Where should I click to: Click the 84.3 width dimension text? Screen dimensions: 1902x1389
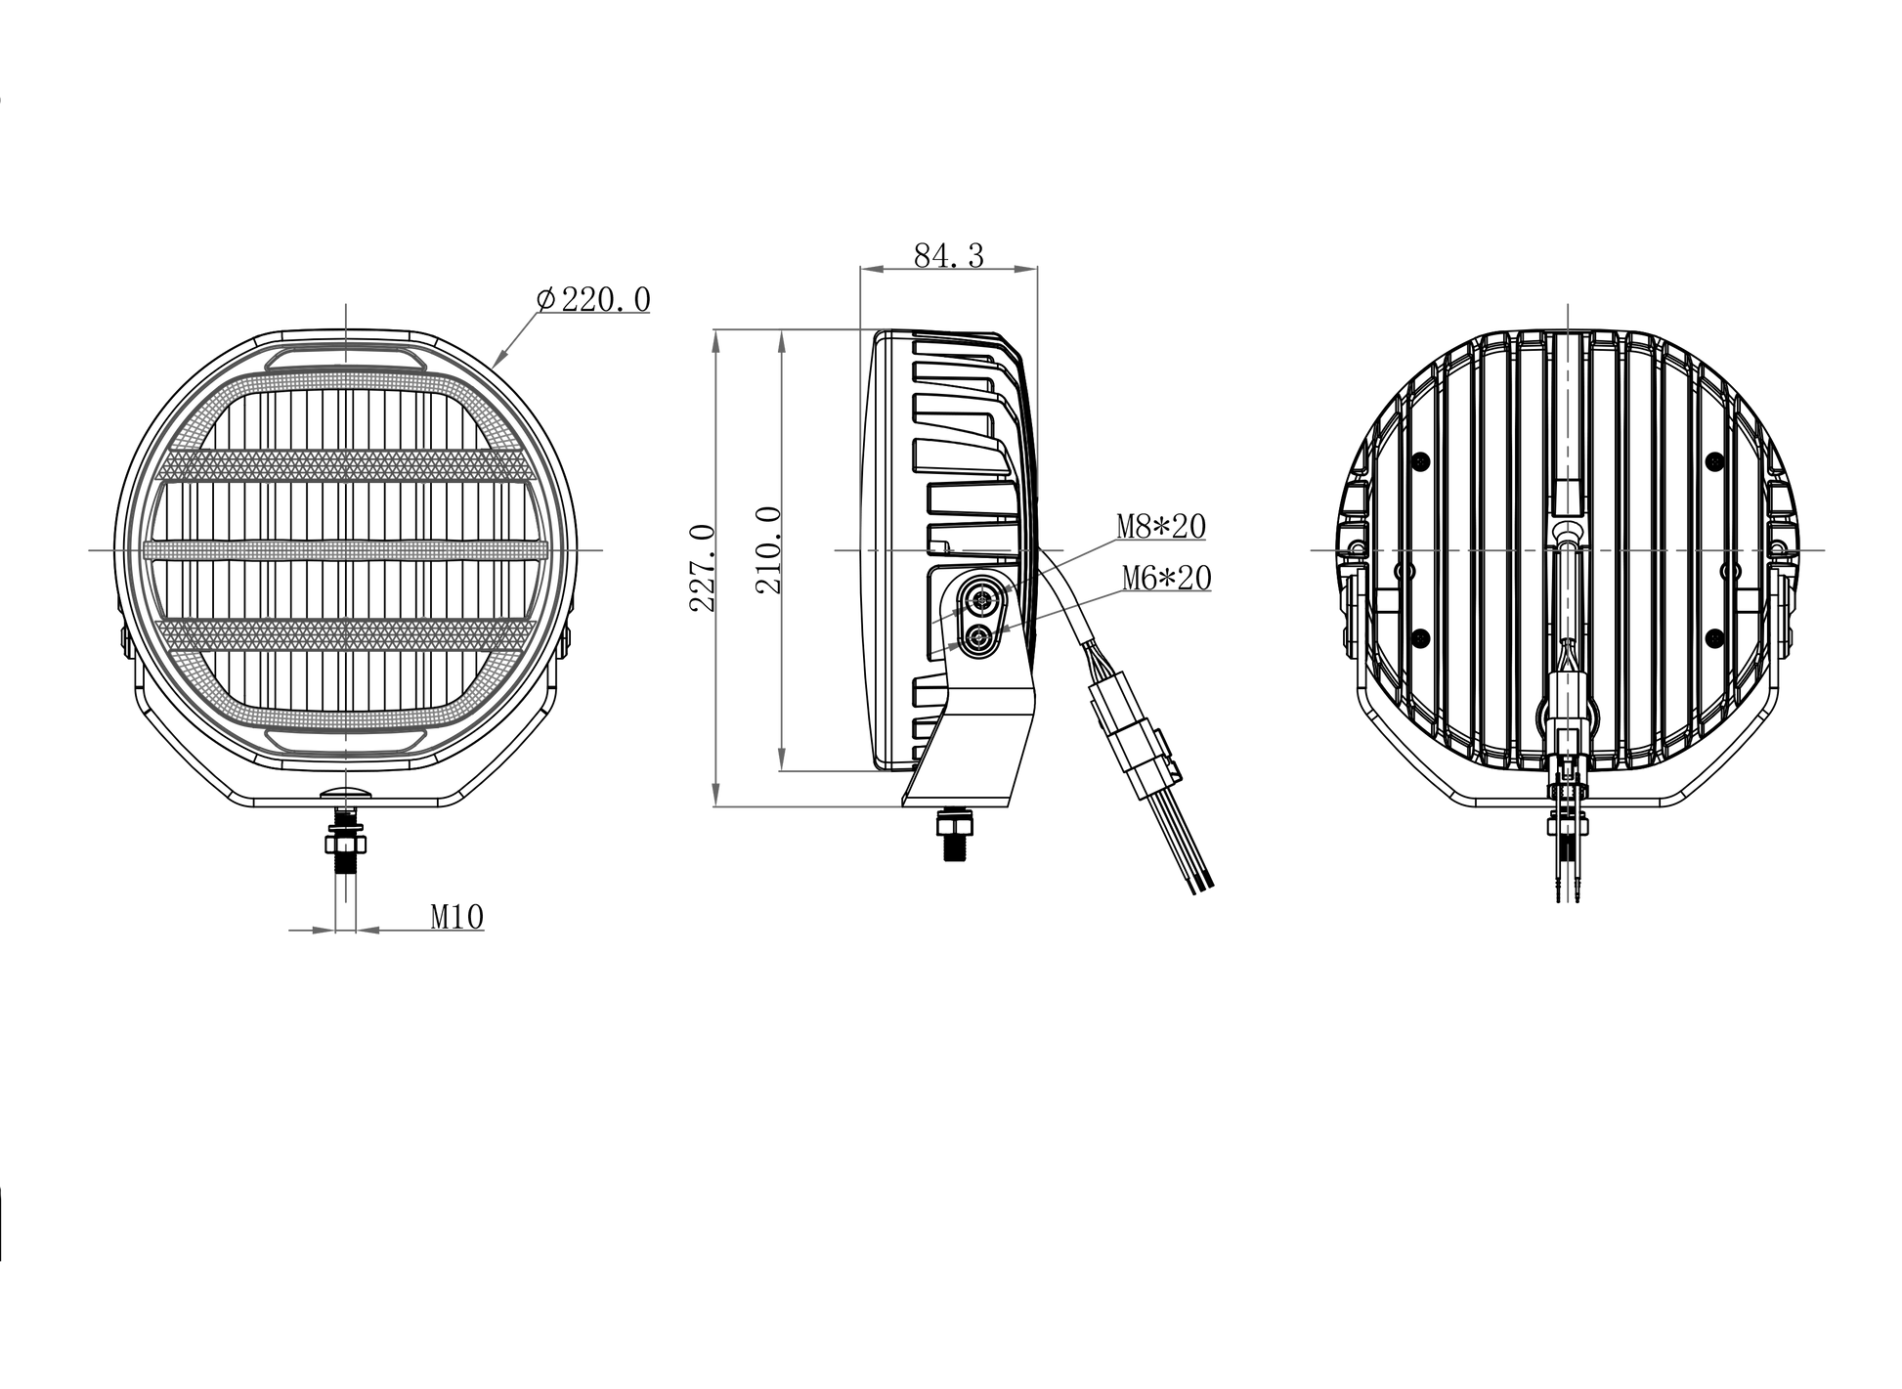pyautogui.click(x=948, y=255)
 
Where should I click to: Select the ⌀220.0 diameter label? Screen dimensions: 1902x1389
pyautogui.click(x=593, y=299)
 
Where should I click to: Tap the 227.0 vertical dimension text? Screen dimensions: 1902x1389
pyautogui.click(x=704, y=568)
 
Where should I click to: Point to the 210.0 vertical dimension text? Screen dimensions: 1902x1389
pyautogui.click(x=769, y=549)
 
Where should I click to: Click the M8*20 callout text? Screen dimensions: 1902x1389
pyautogui.click(x=1162, y=527)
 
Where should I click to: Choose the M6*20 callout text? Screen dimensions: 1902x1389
pyautogui.click(x=1167, y=579)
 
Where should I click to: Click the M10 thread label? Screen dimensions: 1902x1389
pyautogui.click(x=457, y=917)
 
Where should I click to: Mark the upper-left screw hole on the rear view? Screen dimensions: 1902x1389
pyautogui.click(x=1421, y=460)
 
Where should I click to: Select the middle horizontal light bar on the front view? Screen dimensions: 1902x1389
pyautogui.click(x=345, y=550)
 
